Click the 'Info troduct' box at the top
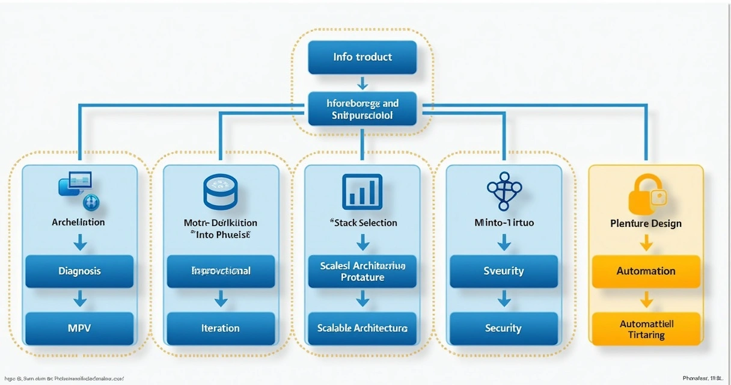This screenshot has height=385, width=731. pos(362,57)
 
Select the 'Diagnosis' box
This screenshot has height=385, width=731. pos(79,271)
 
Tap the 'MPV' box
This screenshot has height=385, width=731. pos(79,328)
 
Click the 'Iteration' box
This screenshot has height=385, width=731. pos(221,328)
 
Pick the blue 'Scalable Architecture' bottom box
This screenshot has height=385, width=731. pos(362,328)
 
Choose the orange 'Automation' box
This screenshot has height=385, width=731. pos(646,271)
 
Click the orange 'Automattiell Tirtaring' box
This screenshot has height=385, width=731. pos(646,328)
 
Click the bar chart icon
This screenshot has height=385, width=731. pos(362,192)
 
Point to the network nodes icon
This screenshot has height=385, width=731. pos(504,190)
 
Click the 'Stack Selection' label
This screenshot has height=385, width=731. pos(363,223)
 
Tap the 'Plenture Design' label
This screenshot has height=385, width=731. pos(646,223)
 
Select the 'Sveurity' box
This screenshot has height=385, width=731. pos(504,271)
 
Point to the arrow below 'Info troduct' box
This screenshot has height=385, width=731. pos(362,83)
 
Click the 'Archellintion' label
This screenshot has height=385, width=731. pos(79,222)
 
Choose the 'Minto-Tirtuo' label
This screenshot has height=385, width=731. pos(504,223)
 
